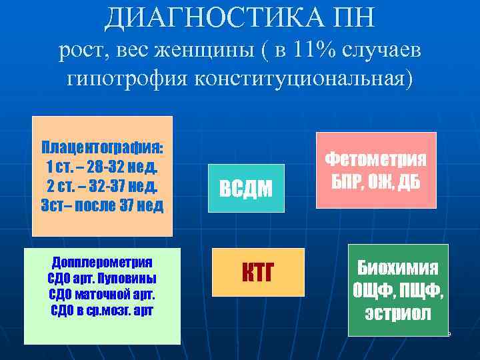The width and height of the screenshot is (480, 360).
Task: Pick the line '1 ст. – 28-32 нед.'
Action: click(x=102, y=165)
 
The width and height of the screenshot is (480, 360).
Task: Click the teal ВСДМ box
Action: click(x=246, y=189)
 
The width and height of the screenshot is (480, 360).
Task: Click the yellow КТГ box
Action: click(x=257, y=272)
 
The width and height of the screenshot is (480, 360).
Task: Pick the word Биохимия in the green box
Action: click(x=397, y=267)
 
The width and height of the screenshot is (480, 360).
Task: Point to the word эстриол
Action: click(x=397, y=313)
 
